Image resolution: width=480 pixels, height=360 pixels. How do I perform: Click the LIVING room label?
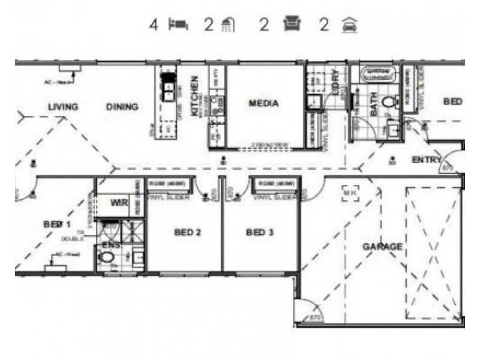(x=63, y=107)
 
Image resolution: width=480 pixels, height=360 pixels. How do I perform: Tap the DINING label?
(x=122, y=107)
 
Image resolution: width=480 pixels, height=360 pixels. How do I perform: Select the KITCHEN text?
(x=194, y=96)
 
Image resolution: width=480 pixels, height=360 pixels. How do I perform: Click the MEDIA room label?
(x=264, y=103)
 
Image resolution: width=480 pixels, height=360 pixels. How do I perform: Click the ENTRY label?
(x=426, y=160)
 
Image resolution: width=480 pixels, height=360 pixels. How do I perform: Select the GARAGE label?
(x=382, y=247)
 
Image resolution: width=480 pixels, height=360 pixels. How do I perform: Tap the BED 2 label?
(x=187, y=232)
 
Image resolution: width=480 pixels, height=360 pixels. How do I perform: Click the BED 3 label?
(x=260, y=232)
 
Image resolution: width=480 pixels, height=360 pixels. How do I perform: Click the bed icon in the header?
(x=178, y=25)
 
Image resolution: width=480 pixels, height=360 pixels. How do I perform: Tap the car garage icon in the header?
(x=348, y=25)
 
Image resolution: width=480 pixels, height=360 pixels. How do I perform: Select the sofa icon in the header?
(x=292, y=25)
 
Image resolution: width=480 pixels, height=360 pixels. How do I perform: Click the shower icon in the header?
(x=228, y=25)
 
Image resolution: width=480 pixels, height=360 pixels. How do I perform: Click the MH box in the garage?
(x=350, y=193)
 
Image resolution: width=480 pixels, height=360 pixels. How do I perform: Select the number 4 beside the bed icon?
(x=154, y=25)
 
